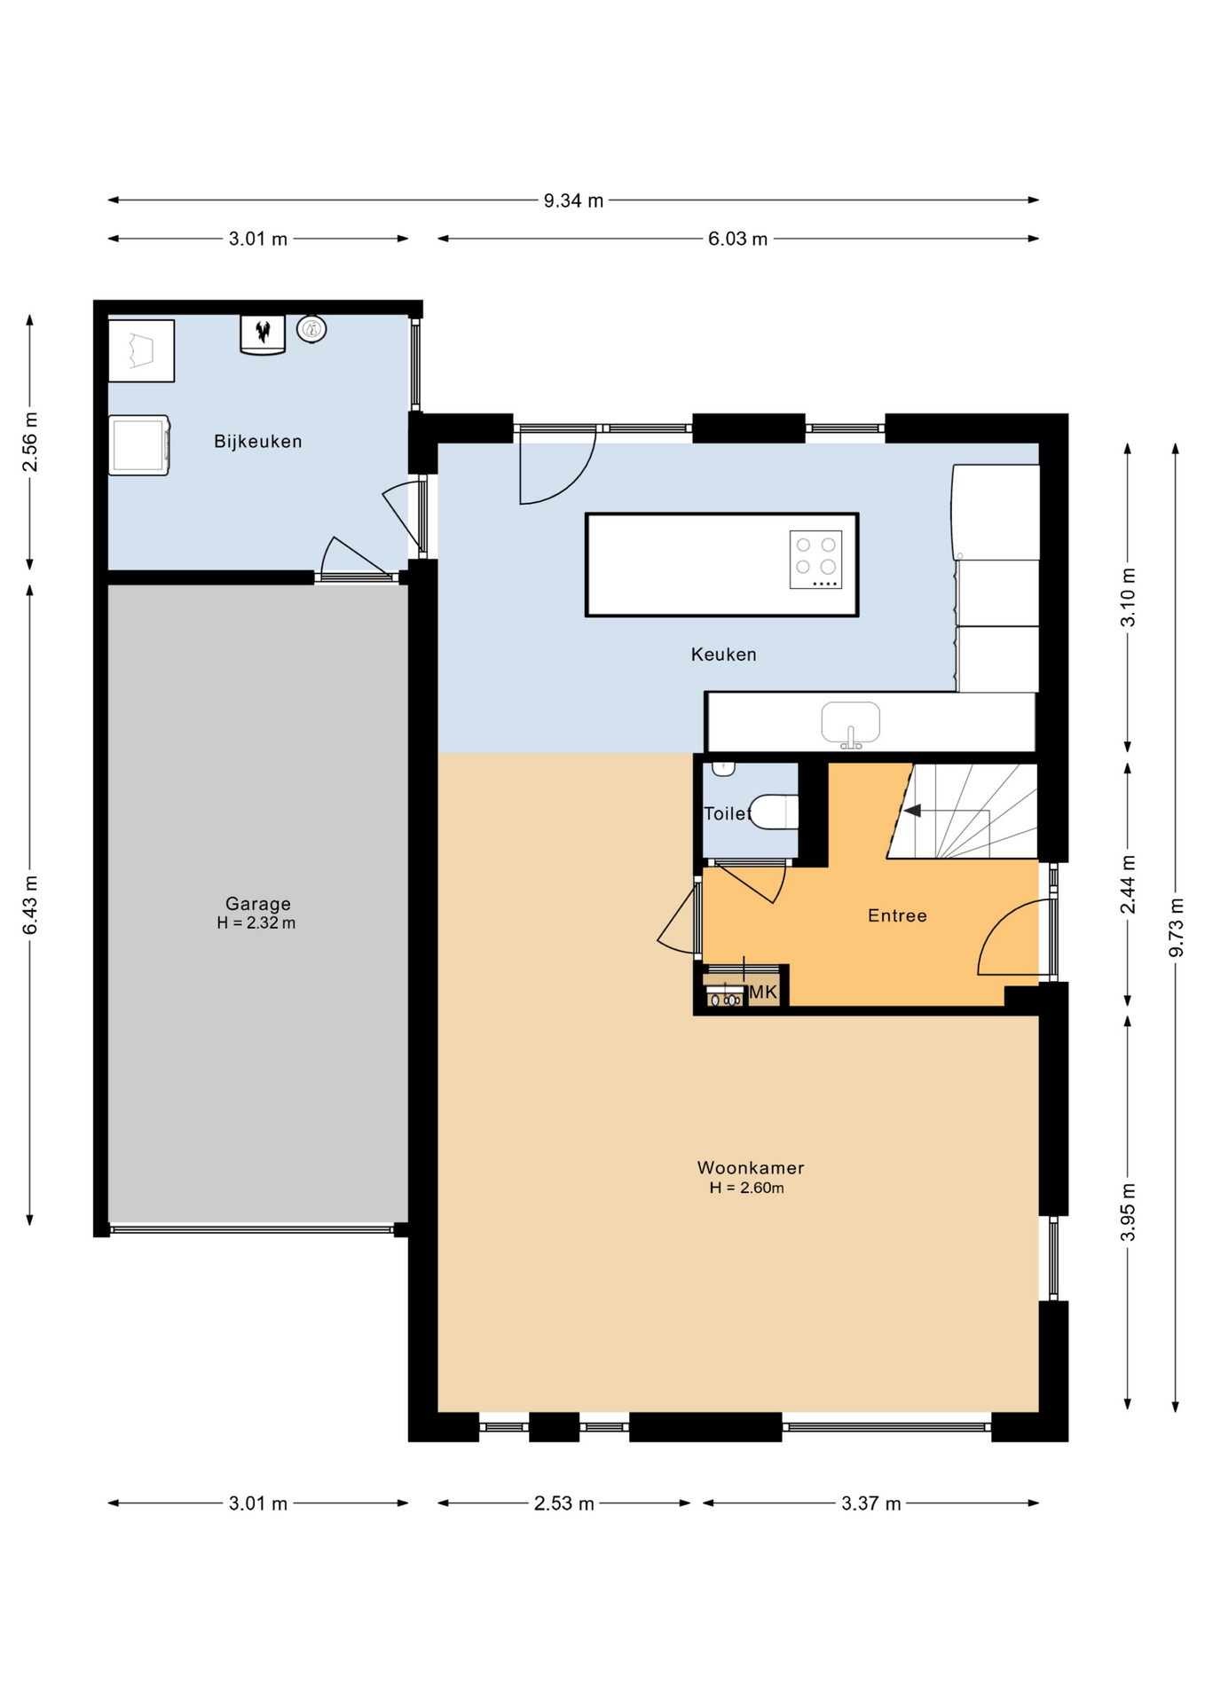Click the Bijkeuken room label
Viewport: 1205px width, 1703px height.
coord(257,441)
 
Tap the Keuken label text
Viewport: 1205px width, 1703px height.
coord(723,655)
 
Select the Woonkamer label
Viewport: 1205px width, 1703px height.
coord(750,1167)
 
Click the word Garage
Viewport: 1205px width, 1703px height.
coord(257,904)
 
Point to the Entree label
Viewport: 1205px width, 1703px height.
coord(897,915)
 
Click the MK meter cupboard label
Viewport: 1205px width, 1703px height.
coord(763,992)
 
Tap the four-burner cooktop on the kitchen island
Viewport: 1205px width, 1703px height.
coord(815,559)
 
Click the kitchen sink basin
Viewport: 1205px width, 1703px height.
coord(850,722)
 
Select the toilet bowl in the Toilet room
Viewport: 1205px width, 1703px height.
coord(775,812)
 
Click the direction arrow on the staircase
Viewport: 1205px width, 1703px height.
coord(911,811)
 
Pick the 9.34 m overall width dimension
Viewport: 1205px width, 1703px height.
coord(573,200)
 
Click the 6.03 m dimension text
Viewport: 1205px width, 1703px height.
coord(737,239)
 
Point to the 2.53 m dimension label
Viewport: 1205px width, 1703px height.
coord(563,1503)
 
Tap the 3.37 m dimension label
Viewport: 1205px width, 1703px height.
coord(870,1503)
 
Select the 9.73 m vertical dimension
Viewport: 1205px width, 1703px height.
coord(1176,927)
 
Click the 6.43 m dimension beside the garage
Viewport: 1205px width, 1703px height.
coord(29,904)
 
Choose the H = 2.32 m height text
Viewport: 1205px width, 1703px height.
coord(256,922)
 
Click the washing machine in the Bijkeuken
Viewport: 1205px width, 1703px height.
coord(138,445)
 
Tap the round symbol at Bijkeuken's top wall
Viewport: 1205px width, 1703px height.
coord(311,329)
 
